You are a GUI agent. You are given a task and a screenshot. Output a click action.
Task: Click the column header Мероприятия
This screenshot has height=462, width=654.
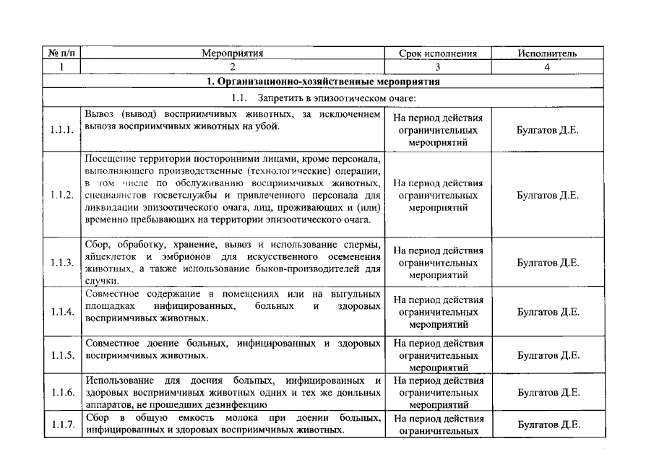point(232,53)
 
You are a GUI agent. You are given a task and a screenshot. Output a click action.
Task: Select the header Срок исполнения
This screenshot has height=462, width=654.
point(438,53)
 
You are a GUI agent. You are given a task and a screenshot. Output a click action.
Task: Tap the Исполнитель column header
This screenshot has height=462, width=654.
point(547,53)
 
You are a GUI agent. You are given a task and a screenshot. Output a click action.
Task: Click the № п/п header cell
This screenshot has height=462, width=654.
point(62,53)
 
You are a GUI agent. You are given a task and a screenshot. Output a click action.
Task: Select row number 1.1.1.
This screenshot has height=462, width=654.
point(62,131)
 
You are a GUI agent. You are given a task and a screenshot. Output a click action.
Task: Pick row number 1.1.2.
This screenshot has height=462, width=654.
point(62,195)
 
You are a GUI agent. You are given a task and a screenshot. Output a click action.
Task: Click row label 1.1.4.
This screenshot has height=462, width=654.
point(62,312)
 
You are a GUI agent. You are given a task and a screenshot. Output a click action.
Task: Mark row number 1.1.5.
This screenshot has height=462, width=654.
point(62,355)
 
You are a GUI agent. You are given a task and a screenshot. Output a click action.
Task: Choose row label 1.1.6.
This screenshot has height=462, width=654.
point(62,393)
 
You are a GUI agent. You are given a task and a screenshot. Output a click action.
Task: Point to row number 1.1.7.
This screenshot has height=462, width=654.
point(62,424)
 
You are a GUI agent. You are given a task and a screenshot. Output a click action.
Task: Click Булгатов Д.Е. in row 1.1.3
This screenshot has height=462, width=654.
point(548,263)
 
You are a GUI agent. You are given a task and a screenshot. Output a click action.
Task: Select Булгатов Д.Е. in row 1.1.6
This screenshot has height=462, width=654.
point(548,393)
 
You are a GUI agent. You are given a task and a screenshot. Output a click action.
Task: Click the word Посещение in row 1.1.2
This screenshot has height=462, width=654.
point(109,158)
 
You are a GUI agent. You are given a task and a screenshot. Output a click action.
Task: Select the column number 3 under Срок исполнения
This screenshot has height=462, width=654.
point(438,67)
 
